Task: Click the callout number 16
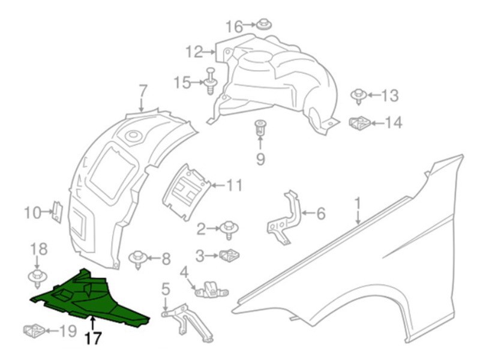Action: [234, 26]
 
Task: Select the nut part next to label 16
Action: [263, 24]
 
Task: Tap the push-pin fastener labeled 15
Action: [211, 81]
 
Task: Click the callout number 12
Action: [194, 52]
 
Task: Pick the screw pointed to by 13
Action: [358, 97]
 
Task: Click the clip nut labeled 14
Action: [360, 123]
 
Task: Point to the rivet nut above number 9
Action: [260, 127]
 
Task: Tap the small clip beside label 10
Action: [58, 212]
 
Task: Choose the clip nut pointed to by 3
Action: [230, 256]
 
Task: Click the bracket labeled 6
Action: [284, 218]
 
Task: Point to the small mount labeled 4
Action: [212, 290]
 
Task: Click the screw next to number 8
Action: [138, 260]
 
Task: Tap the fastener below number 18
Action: [37, 278]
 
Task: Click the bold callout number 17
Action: [93, 338]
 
